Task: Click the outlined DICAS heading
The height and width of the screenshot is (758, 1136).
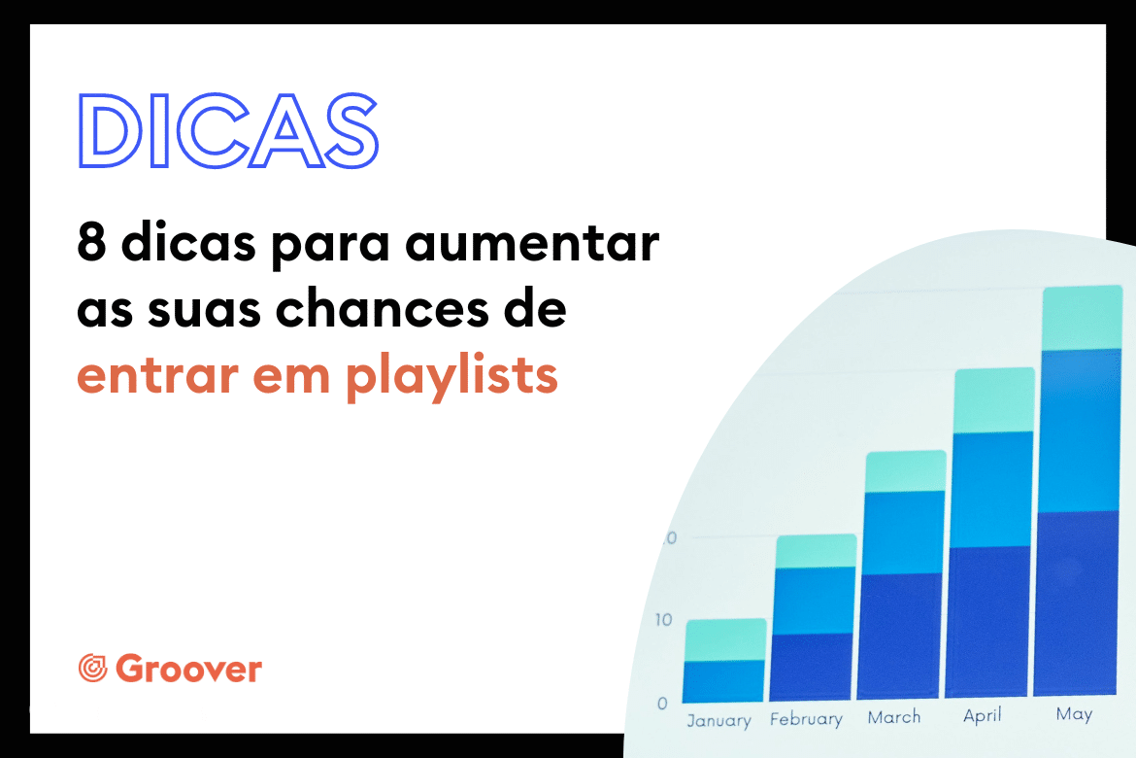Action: tap(228, 131)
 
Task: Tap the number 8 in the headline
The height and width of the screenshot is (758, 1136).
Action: tap(91, 242)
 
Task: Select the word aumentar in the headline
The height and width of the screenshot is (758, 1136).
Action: tap(532, 242)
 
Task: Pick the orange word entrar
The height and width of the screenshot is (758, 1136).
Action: tap(157, 376)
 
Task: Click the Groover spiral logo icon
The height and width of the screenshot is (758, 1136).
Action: tap(93, 668)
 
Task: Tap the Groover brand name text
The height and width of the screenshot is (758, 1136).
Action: tap(188, 668)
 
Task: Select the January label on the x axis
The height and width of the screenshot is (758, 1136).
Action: tap(718, 720)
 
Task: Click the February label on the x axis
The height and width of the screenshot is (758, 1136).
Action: tap(806, 719)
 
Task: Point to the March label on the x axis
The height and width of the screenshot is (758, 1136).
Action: tap(894, 716)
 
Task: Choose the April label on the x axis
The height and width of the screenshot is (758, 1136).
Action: tap(983, 715)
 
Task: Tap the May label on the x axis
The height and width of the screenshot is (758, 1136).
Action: tap(1074, 714)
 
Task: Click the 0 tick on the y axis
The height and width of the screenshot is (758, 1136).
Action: tap(662, 703)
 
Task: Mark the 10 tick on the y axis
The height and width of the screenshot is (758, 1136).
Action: tap(663, 619)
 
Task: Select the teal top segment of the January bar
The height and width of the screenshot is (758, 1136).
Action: tap(726, 639)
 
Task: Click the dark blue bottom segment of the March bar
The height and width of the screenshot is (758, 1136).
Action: tap(899, 637)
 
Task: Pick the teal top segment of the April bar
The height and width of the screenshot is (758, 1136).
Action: tap(993, 400)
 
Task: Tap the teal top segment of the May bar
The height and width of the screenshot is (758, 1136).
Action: tap(1083, 318)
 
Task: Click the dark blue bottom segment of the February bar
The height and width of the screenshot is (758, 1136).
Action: tap(811, 667)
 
